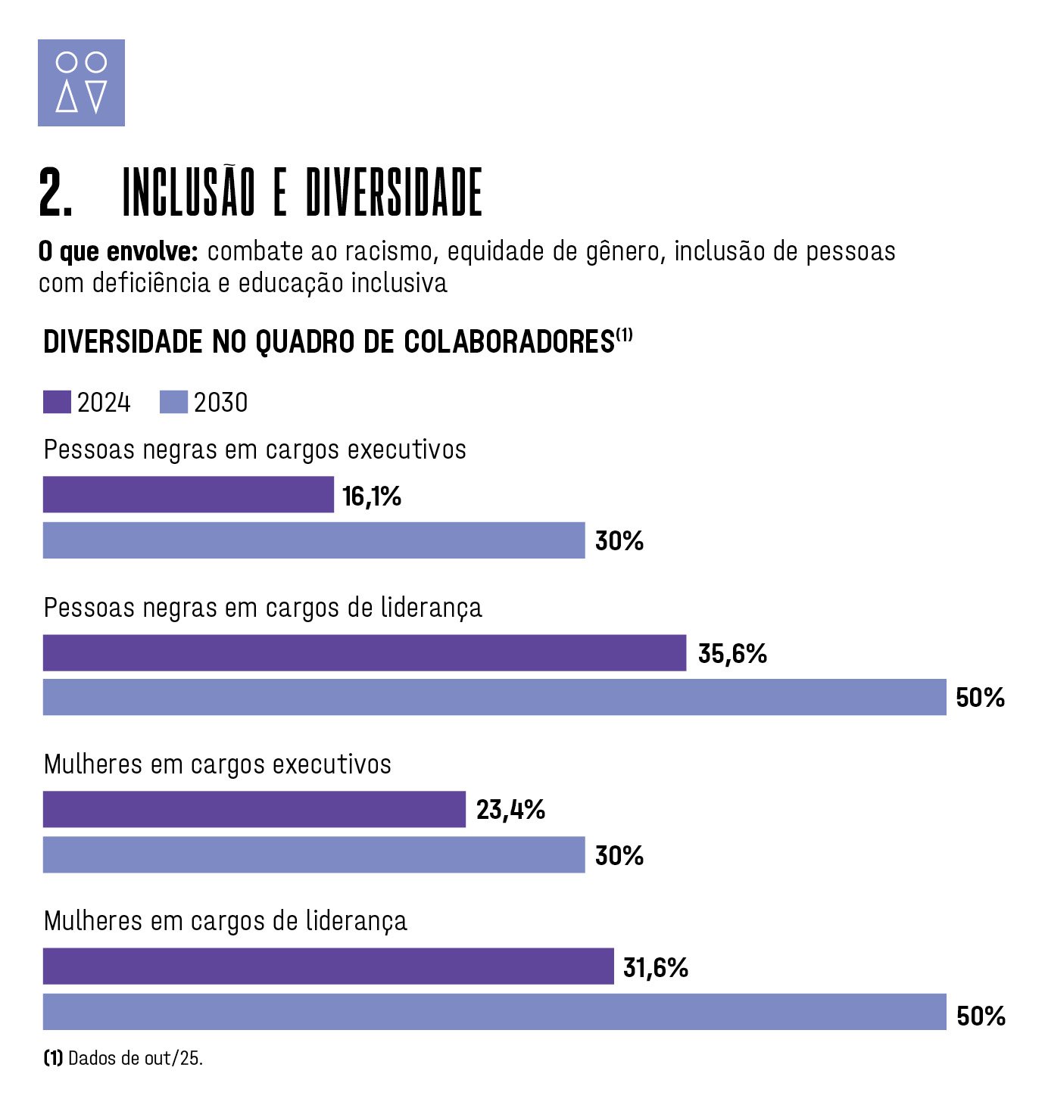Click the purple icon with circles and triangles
81,82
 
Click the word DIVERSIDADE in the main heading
394,193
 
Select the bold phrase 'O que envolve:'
118,251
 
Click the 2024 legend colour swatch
57,402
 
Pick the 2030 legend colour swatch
173,402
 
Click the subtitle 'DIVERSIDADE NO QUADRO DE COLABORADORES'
329,342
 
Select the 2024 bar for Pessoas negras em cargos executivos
188,494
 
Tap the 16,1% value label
371,496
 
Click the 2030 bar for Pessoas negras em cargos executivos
313,540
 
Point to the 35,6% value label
732,653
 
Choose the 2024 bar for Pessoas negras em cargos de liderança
364,652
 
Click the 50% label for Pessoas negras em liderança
980,697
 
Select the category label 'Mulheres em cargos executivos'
217,764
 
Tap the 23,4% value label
510,810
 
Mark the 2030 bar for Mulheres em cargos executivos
313,854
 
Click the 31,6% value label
656,967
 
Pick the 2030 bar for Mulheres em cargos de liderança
494,1012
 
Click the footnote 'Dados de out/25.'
135,1058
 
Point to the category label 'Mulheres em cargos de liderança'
225,921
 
